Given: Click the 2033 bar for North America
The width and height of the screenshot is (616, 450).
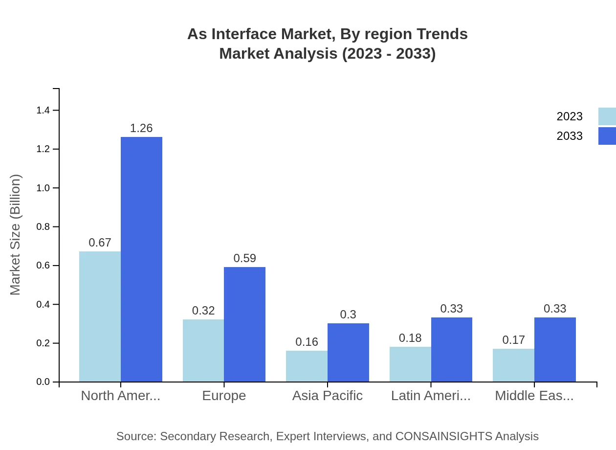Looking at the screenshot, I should pyautogui.click(x=141, y=259).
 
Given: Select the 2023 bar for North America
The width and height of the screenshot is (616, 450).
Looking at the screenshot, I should pyautogui.click(x=100, y=316).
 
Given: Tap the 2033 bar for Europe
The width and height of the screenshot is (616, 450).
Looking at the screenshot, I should pyautogui.click(x=244, y=324).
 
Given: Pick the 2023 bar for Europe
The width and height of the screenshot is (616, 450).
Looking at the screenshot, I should pyautogui.click(x=203, y=350).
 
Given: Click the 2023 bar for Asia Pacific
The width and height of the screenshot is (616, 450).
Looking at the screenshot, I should pyautogui.click(x=307, y=366).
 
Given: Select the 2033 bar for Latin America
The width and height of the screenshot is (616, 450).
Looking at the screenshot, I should pyautogui.click(x=452, y=350).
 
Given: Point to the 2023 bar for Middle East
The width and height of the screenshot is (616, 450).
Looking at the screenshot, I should pyautogui.click(x=513, y=365).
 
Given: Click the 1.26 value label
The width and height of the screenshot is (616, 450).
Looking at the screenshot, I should pyautogui.click(x=141, y=128).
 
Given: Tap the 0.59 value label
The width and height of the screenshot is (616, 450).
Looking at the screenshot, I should pyautogui.click(x=244, y=258).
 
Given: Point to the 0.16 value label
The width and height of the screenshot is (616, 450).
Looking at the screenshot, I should pyautogui.click(x=307, y=342).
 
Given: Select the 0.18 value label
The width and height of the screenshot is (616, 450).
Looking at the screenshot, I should pyautogui.click(x=410, y=338).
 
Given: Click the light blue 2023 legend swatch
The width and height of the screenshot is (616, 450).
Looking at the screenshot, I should pyautogui.click(x=607, y=116).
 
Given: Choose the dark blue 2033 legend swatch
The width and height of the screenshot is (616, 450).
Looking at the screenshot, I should pyautogui.click(x=607, y=136).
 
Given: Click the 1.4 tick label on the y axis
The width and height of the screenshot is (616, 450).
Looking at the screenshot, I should pyautogui.click(x=44, y=111).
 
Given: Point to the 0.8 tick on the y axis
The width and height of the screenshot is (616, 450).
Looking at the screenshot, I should pyautogui.click(x=44, y=227).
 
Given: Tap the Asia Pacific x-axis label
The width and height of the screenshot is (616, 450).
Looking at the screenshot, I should pyautogui.click(x=327, y=396).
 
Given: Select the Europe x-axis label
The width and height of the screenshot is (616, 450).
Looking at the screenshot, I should pyautogui.click(x=224, y=396).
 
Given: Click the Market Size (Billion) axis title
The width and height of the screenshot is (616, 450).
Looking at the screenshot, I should pyautogui.click(x=16, y=235).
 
